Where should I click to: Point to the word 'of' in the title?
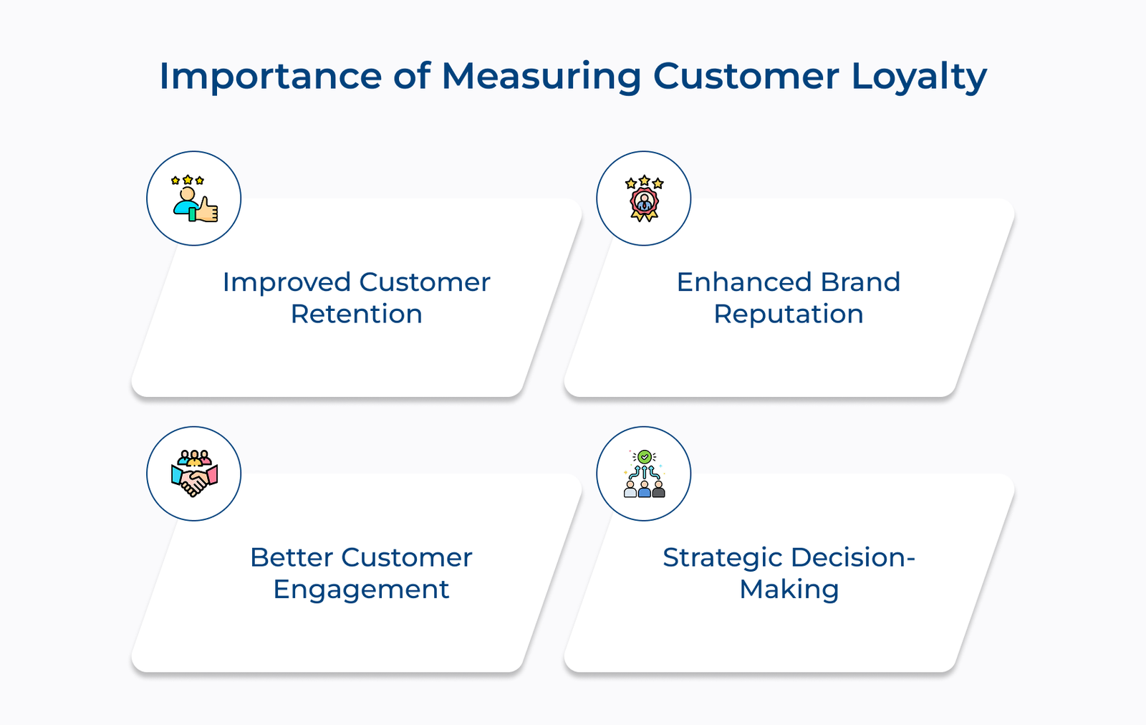point(412,76)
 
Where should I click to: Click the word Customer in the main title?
point(746,76)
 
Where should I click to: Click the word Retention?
point(357,314)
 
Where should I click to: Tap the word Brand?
point(860,282)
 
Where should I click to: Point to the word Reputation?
point(789,315)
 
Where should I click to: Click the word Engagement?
point(361,590)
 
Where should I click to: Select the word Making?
point(789,590)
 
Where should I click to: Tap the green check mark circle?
point(645,456)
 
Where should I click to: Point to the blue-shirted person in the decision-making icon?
point(644,489)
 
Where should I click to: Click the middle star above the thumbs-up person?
point(188,180)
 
